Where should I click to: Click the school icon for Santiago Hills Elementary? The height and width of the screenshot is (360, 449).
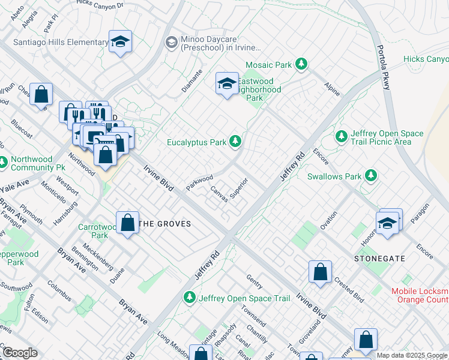point(121,42)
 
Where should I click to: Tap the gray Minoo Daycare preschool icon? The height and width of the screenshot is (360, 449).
point(171,42)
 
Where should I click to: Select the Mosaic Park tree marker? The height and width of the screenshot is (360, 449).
point(301,64)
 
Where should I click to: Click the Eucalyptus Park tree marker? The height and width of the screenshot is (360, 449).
point(236,142)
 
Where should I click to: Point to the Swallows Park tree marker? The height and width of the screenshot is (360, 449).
point(372,176)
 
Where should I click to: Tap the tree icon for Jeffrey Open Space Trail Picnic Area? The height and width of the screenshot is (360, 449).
point(342,137)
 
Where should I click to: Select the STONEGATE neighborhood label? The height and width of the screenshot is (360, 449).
point(379,259)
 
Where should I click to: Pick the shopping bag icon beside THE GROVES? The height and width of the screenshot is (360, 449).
point(128,223)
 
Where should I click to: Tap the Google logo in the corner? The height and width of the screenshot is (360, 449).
point(20,353)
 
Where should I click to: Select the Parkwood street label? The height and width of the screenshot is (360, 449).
point(199,182)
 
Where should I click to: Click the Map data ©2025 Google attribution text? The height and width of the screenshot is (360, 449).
point(412,355)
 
